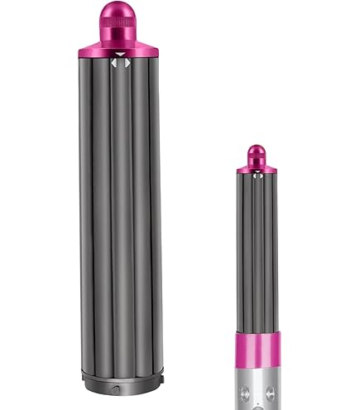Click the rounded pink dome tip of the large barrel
121,12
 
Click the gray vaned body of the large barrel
121,207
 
